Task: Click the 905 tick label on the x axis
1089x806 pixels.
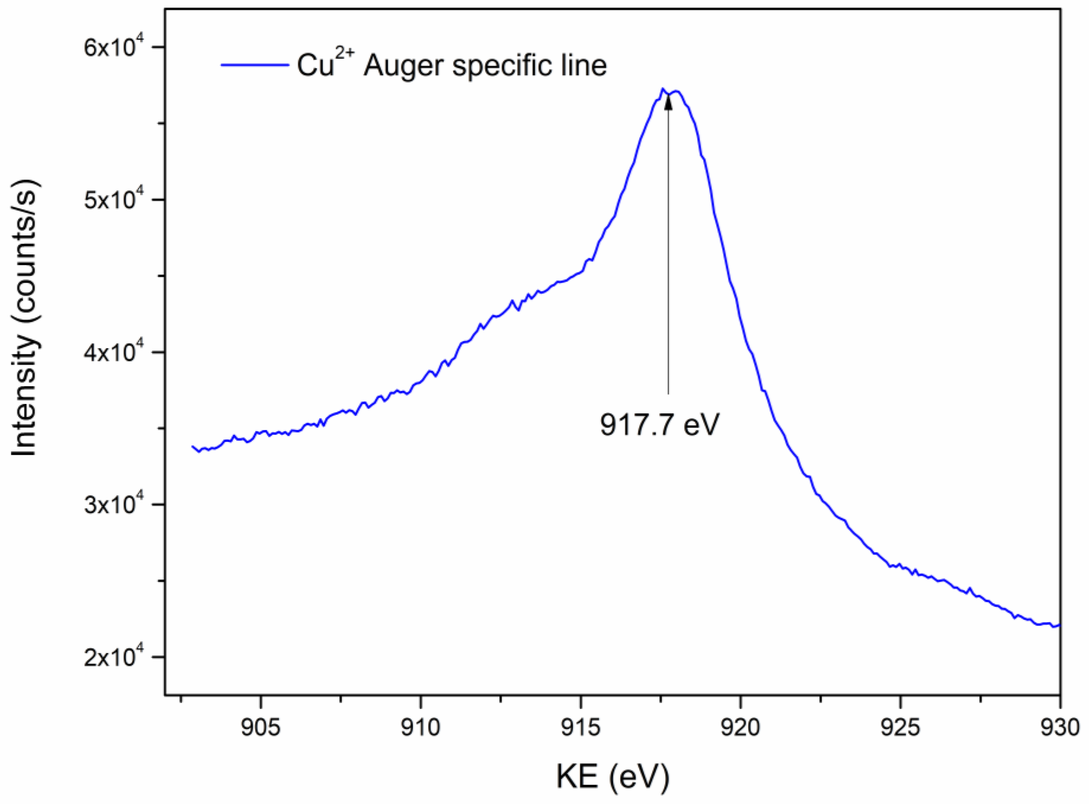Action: [x=261, y=727]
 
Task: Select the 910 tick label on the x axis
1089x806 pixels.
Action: [x=420, y=727]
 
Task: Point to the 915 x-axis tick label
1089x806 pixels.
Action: [x=580, y=727]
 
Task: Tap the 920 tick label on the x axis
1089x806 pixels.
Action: [x=740, y=727]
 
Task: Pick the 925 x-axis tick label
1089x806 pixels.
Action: [x=900, y=727]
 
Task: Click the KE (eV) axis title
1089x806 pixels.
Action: [x=612, y=776]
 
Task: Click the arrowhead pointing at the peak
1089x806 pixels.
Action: [x=668, y=101]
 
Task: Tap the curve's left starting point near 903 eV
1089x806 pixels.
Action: [x=193, y=446]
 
